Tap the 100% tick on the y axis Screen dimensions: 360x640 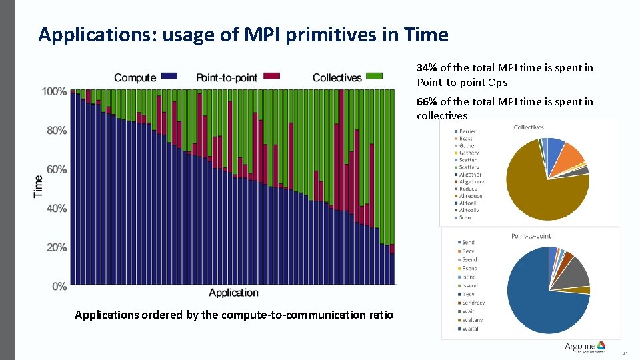55,91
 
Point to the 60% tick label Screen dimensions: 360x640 57,169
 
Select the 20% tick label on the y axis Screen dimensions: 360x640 57,247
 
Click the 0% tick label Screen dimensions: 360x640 59,286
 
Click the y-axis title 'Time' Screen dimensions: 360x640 38,185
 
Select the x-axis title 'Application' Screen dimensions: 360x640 233,293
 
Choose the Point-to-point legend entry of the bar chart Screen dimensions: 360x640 237,78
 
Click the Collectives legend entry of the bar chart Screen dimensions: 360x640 347,78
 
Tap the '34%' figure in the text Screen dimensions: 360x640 427,68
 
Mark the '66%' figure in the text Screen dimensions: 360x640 427,102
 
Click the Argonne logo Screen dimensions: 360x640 585,346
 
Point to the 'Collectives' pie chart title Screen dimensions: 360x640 529,127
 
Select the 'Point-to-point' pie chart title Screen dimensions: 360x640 531,236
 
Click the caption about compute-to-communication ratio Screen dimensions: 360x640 233,315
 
